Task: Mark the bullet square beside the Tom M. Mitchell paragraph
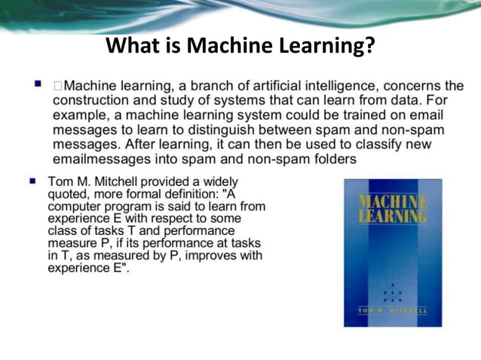pos(32,181)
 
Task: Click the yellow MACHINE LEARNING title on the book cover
pos(392,209)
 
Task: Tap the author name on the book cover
pos(392,310)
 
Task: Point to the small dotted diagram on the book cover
pos(392,291)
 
